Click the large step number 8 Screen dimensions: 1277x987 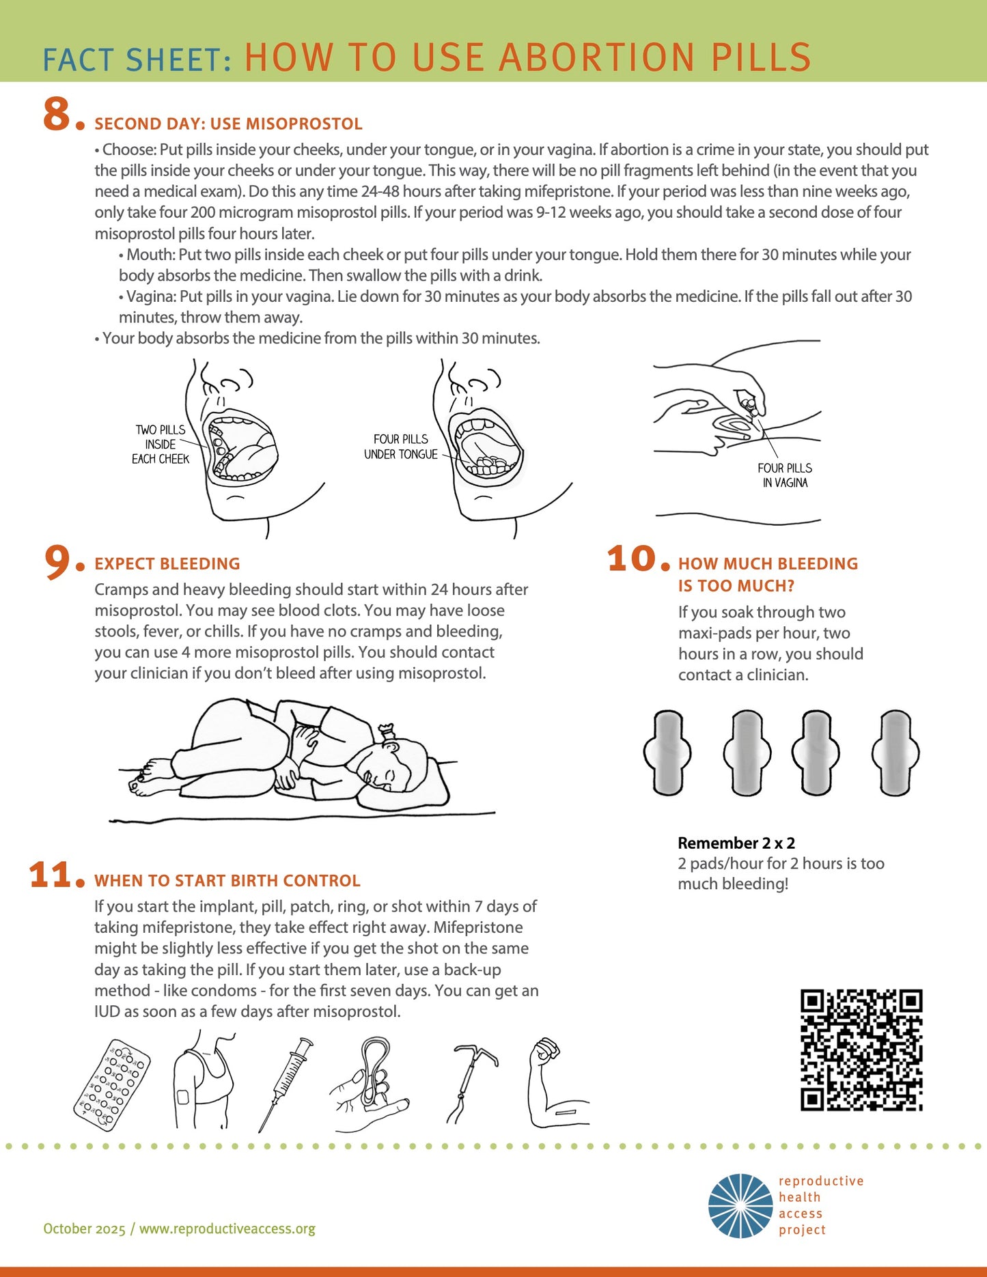point(59,114)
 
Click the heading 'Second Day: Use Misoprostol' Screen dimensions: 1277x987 point(228,124)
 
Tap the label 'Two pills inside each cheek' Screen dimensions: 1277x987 point(161,445)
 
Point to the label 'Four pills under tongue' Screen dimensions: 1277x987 point(401,447)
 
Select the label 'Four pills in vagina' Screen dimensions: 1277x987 point(785,475)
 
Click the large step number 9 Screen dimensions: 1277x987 point(59,561)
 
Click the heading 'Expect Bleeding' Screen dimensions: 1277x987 point(167,564)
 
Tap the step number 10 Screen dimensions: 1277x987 point(632,559)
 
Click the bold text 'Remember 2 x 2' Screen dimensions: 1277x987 point(736,843)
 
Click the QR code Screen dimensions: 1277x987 point(861,1050)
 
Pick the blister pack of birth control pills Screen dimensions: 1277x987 point(112,1085)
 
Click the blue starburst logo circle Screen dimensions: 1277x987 point(740,1206)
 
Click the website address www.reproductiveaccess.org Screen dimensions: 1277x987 point(227,1229)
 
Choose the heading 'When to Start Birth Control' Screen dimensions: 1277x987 point(227,881)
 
